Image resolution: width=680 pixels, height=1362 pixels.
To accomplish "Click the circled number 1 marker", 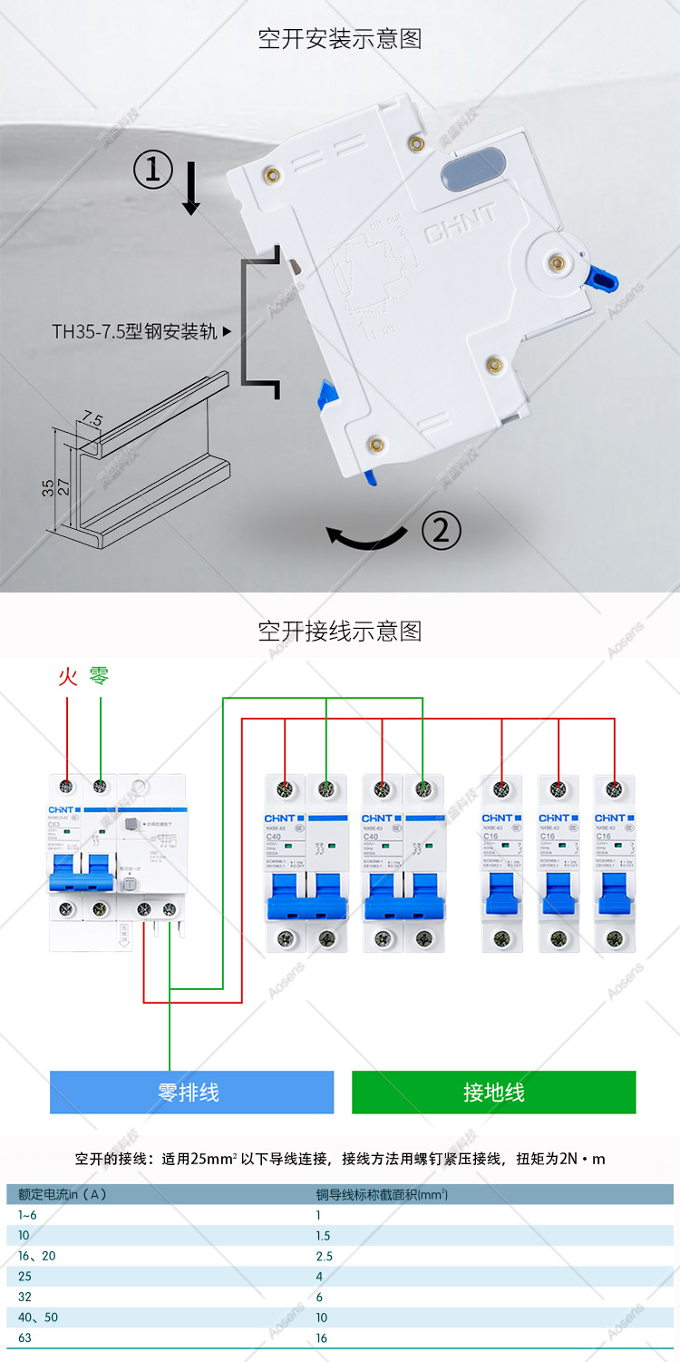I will [153, 170].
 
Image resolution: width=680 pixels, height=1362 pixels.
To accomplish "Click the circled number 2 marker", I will [442, 531].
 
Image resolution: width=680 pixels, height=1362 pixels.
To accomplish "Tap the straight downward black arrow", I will [190, 188].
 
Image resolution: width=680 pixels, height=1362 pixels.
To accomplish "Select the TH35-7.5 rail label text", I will [135, 331].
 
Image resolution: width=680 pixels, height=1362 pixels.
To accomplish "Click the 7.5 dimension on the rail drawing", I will [92, 419].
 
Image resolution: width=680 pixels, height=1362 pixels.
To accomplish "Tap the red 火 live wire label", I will [68, 676].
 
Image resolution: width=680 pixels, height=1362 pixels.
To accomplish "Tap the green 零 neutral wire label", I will [99, 676].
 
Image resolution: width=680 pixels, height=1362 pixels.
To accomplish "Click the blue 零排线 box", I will [191, 1092].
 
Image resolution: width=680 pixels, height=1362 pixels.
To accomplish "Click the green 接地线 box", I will [493, 1092].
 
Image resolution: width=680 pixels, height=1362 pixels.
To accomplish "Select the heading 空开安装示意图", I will [340, 39].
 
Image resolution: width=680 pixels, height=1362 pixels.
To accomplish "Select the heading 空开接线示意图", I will [340, 631].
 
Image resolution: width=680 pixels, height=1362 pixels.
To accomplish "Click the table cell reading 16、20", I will [37, 1256].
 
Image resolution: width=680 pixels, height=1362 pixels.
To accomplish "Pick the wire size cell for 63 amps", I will [322, 1338].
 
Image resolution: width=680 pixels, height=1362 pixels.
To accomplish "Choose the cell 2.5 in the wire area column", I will [325, 1256].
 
